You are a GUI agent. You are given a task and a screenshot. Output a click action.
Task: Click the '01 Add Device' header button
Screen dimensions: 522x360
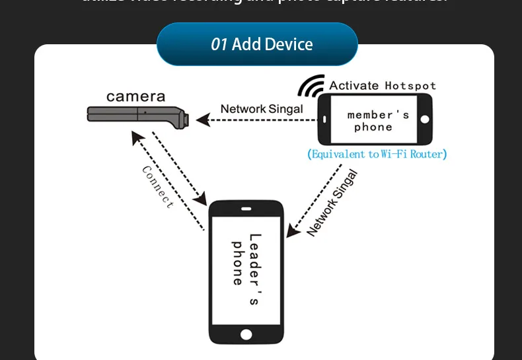point(257,44)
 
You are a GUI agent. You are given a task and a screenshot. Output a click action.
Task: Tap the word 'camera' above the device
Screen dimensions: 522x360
point(135,96)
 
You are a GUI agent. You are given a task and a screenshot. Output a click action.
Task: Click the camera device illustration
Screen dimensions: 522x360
point(139,116)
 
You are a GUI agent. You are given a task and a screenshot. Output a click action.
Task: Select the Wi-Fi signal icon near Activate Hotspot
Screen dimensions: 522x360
point(311,87)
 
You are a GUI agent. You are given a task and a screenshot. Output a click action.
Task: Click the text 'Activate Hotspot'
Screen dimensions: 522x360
point(383,85)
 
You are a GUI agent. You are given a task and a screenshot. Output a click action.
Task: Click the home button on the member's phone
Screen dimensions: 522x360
point(425,120)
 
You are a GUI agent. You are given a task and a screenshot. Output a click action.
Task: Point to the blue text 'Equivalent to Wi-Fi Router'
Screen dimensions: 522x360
point(377,155)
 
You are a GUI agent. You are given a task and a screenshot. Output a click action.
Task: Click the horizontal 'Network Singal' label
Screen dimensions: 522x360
point(262,109)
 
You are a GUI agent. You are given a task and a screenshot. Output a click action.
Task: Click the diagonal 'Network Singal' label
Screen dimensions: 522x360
point(332,203)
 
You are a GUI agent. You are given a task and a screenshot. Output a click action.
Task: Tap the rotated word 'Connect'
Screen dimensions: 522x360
point(158,187)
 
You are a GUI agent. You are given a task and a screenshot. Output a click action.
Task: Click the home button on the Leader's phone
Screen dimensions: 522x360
point(246,335)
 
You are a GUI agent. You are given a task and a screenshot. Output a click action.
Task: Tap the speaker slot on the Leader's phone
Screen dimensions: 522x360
point(246,210)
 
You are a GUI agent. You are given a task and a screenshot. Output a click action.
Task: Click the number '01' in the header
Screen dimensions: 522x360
point(219,44)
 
